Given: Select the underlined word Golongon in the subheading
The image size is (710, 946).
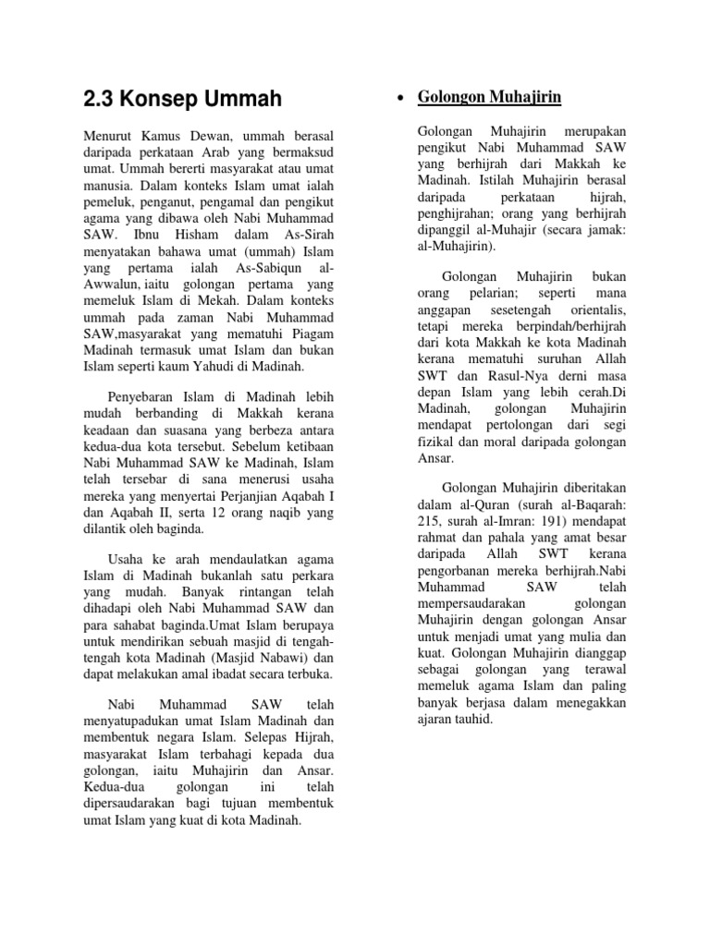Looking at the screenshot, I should pos(453,97).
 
